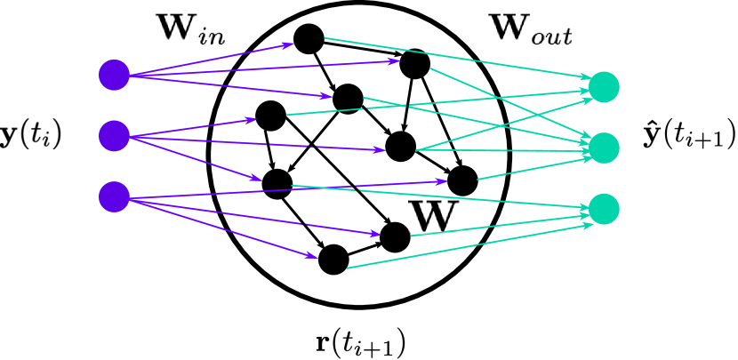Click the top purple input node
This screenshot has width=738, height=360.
(114, 75)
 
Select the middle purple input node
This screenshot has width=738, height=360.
(114, 135)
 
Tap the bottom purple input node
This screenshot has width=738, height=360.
(114, 196)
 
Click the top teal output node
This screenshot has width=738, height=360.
(605, 86)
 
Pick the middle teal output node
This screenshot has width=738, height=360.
(605, 147)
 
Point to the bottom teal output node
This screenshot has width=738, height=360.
(605, 209)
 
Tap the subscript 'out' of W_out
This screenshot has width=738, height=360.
(551, 36)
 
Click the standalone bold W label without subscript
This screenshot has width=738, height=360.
(433, 217)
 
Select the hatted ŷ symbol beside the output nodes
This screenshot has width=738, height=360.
(650, 133)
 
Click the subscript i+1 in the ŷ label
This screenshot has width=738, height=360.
(714, 140)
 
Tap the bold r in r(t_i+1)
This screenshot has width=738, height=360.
(322, 341)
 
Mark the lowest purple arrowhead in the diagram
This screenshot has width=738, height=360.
(313, 257)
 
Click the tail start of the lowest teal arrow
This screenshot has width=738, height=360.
(347, 268)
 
